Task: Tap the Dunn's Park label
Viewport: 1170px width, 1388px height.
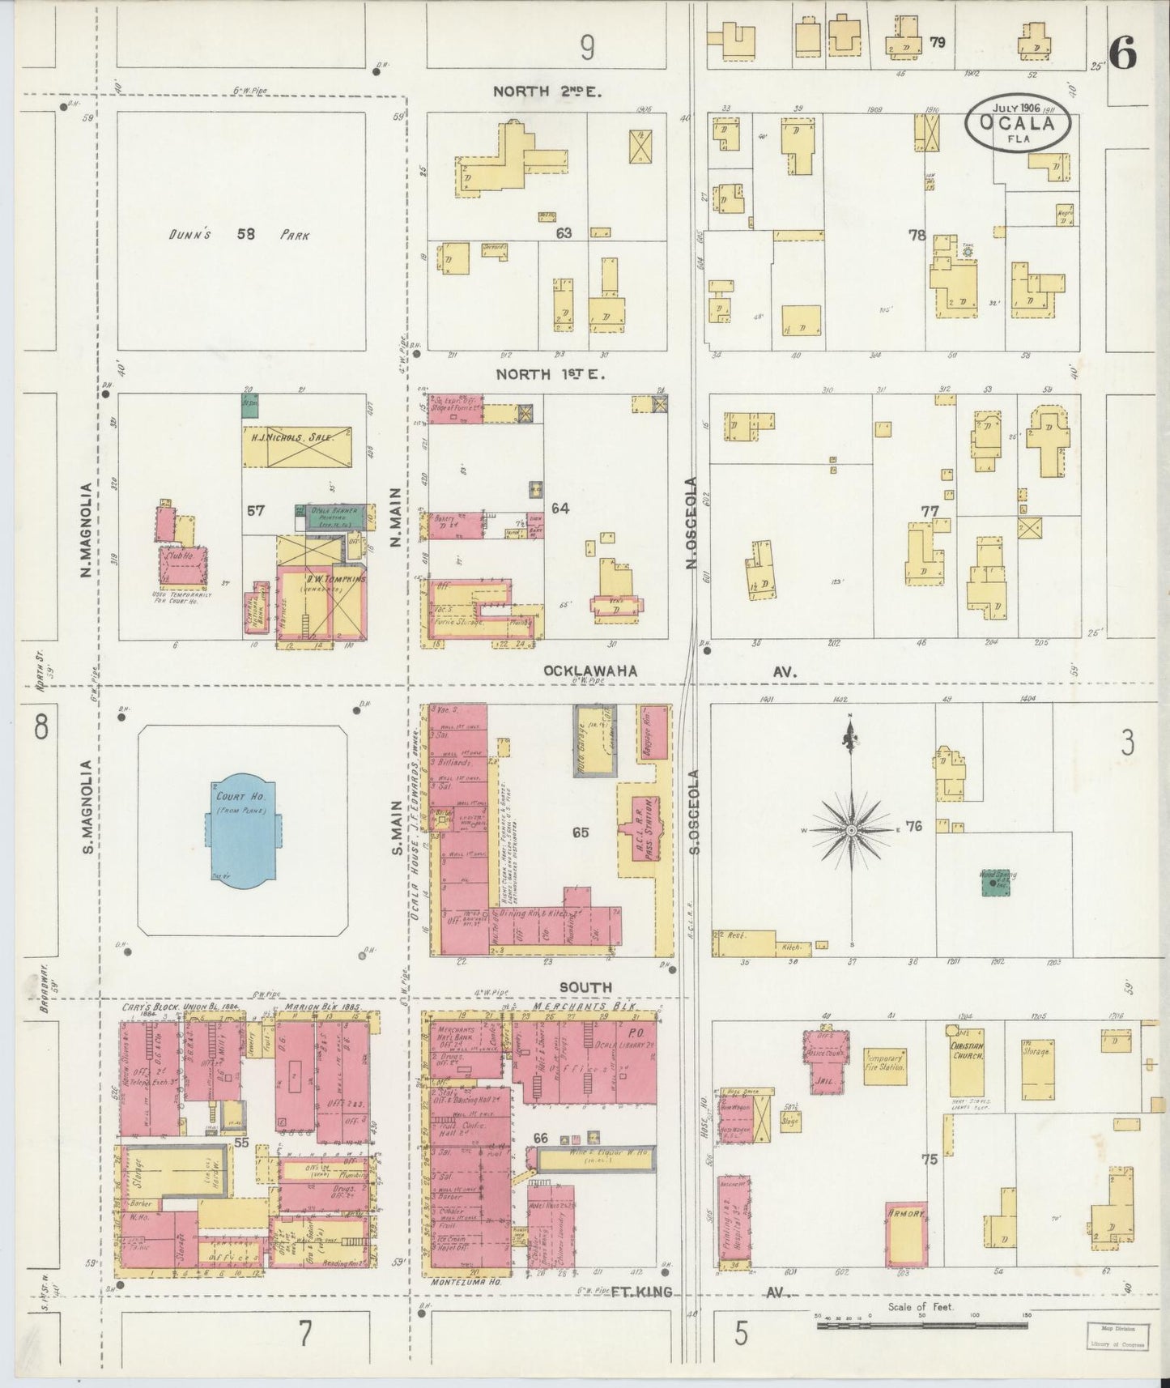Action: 240,235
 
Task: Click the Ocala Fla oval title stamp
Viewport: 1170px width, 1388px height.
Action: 1018,124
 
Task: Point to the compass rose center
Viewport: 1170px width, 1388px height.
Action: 852,831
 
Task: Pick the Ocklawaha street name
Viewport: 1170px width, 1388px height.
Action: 590,671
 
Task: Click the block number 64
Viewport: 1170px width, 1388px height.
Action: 560,509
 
